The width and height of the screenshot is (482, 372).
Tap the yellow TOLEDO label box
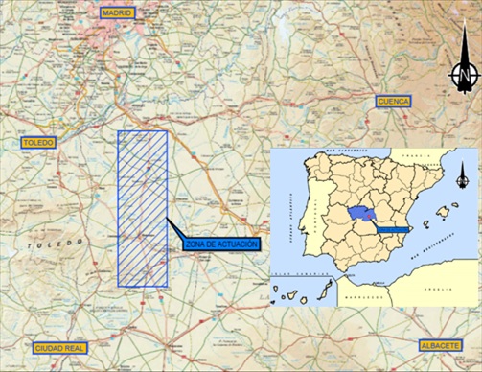tap(37, 143)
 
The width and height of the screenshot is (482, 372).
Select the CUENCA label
tap(393, 101)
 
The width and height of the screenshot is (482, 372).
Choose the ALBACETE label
tap(442, 344)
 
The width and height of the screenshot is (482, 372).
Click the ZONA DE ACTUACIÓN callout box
tap(220, 246)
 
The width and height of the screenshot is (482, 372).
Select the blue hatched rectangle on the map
tap(142, 208)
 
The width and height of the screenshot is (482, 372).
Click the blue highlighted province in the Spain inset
tap(363, 214)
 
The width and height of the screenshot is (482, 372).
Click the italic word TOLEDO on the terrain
tap(42, 246)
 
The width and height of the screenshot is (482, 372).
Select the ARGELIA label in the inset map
tap(440, 289)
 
